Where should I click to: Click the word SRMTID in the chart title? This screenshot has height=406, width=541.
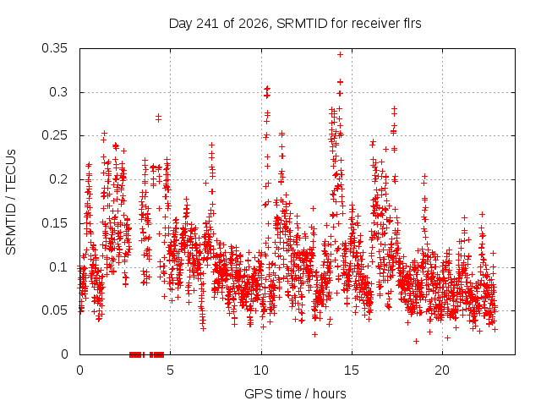pos(302,24)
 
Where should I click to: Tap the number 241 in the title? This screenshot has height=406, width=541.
pos(208,24)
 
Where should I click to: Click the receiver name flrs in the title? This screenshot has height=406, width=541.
pos(413,24)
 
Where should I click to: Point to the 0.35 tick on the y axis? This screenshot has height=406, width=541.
pos(54,48)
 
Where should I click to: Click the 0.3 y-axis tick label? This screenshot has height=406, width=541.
pos(58,92)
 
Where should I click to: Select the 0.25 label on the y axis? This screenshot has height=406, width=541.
pos(54,135)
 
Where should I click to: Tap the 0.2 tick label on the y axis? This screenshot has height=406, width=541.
pos(58,179)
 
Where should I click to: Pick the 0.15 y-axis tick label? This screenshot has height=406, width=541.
pos(54,223)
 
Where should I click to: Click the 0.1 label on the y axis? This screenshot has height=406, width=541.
pos(58,267)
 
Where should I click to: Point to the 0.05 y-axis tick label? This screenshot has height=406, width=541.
pos(54,310)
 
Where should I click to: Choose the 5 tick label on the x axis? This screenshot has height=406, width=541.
pos(170,370)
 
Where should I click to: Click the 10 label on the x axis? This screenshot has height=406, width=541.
pos(261,370)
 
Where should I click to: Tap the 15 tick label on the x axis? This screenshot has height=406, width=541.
pos(352,370)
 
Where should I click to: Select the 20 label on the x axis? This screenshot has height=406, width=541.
pos(442,370)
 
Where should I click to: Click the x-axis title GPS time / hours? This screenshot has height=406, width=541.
pos(295,394)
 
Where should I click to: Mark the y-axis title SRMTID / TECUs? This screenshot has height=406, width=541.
pos(11,202)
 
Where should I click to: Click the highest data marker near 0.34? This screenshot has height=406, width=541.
pos(340,54)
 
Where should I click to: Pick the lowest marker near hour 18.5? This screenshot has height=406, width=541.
pos(416,341)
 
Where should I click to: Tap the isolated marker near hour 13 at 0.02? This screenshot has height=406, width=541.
pos(314,334)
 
